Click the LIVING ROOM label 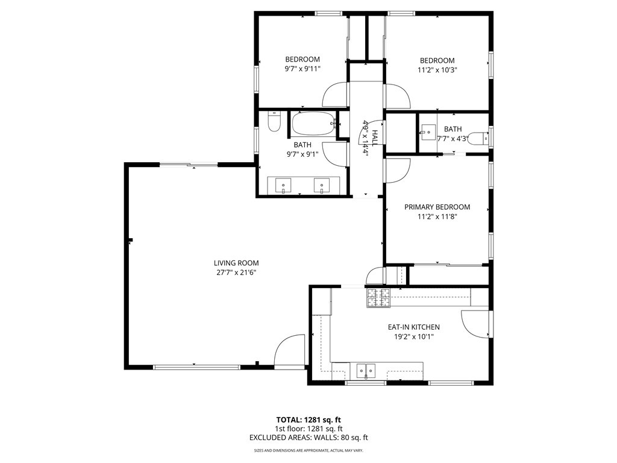click(x=236, y=263)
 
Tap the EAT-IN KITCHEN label click(x=413, y=327)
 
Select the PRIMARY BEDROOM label click(x=437, y=207)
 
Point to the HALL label click(x=374, y=138)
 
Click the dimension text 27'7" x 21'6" click(x=236, y=272)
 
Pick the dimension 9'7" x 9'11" click(x=302, y=69)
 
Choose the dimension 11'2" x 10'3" click(x=437, y=70)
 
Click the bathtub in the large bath click(x=313, y=123)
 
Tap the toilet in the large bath click(x=274, y=121)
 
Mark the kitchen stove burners click(x=378, y=298)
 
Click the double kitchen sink click(x=366, y=371)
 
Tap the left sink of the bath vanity click(x=283, y=186)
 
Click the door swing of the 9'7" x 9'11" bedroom click(x=335, y=94)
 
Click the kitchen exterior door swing click(x=475, y=324)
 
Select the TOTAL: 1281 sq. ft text click(x=308, y=420)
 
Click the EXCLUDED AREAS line click(x=308, y=438)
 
